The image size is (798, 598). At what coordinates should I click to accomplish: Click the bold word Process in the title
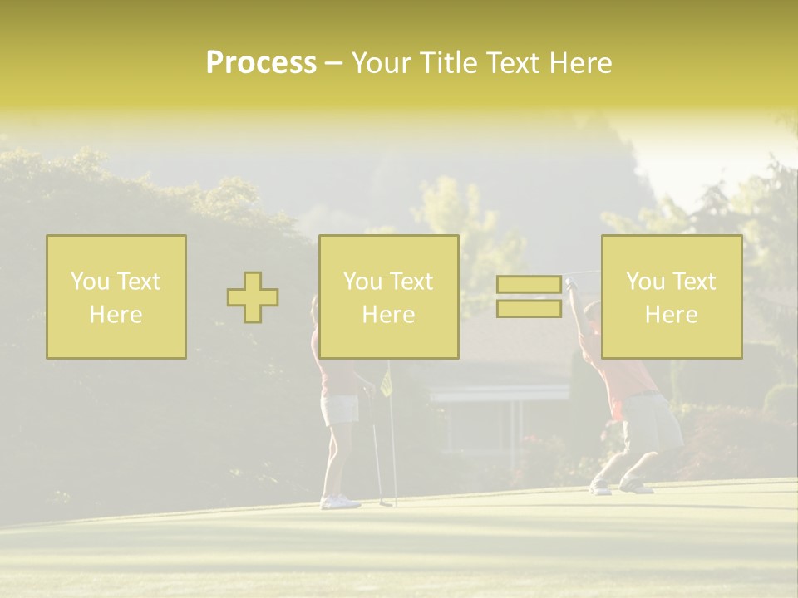pos(261,62)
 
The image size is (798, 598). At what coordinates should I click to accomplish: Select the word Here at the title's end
pos(581,62)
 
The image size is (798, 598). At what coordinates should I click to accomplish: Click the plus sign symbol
pos(253,297)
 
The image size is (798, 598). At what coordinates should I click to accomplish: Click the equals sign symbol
pos(529,297)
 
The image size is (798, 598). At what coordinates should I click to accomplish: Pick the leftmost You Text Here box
pos(116,297)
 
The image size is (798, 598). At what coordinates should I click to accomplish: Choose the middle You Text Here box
pos(389,297)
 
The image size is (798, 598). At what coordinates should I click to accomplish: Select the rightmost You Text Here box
pos(672,297)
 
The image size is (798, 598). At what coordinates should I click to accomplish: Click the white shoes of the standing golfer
pos(340,502)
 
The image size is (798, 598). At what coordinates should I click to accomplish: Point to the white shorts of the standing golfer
pos(340,409)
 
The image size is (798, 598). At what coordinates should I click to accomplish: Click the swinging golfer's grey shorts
pos(653,421)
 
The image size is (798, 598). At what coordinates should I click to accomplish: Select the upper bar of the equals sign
pos(529,285)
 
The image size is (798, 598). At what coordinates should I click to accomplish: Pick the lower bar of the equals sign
pos(529,308)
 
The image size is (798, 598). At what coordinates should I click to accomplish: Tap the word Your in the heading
pos(382,62)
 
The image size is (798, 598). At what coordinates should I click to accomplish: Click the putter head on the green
pos(385,502)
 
